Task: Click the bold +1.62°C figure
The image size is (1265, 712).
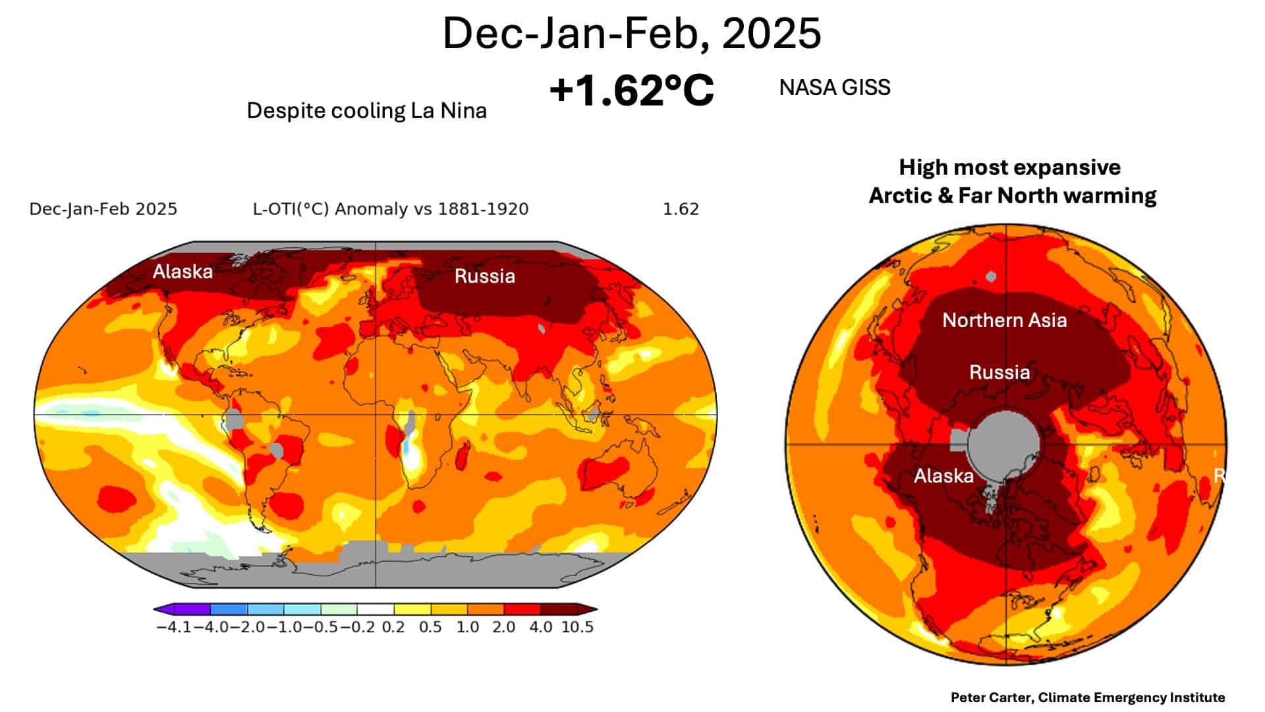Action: (632, 90)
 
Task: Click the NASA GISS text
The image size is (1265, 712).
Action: (835, 88)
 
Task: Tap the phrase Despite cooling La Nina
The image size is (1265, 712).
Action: (366, 111)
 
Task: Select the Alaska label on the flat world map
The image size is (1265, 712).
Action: (183, 272)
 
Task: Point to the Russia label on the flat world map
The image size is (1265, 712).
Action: (485, 276)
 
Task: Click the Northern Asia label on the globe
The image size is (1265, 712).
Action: (1004, 320)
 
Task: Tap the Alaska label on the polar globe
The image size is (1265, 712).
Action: (943, 476)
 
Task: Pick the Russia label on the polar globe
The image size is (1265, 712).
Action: (999, 372)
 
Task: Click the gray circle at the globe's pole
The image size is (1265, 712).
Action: (1003, 442)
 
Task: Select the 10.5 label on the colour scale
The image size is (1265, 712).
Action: (578, 627)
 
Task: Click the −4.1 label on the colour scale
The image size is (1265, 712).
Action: (174, 627)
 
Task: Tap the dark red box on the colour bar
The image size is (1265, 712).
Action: (559, 609)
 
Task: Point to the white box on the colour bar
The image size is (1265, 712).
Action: (376, 609)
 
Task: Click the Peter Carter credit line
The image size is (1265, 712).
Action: (1088, 697)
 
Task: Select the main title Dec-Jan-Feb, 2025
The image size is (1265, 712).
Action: (632, 33)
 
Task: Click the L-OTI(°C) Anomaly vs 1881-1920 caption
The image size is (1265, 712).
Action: (391, 210)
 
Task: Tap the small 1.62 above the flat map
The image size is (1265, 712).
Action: (681, 210)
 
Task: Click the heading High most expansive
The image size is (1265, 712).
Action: (1009, 167)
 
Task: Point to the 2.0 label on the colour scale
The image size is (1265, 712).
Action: (504, 627)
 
